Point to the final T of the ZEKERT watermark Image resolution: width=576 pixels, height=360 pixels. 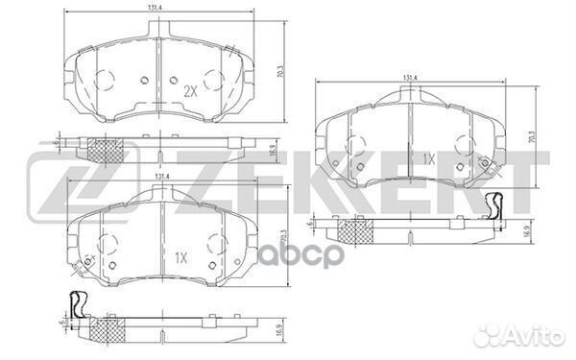[513, 181]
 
